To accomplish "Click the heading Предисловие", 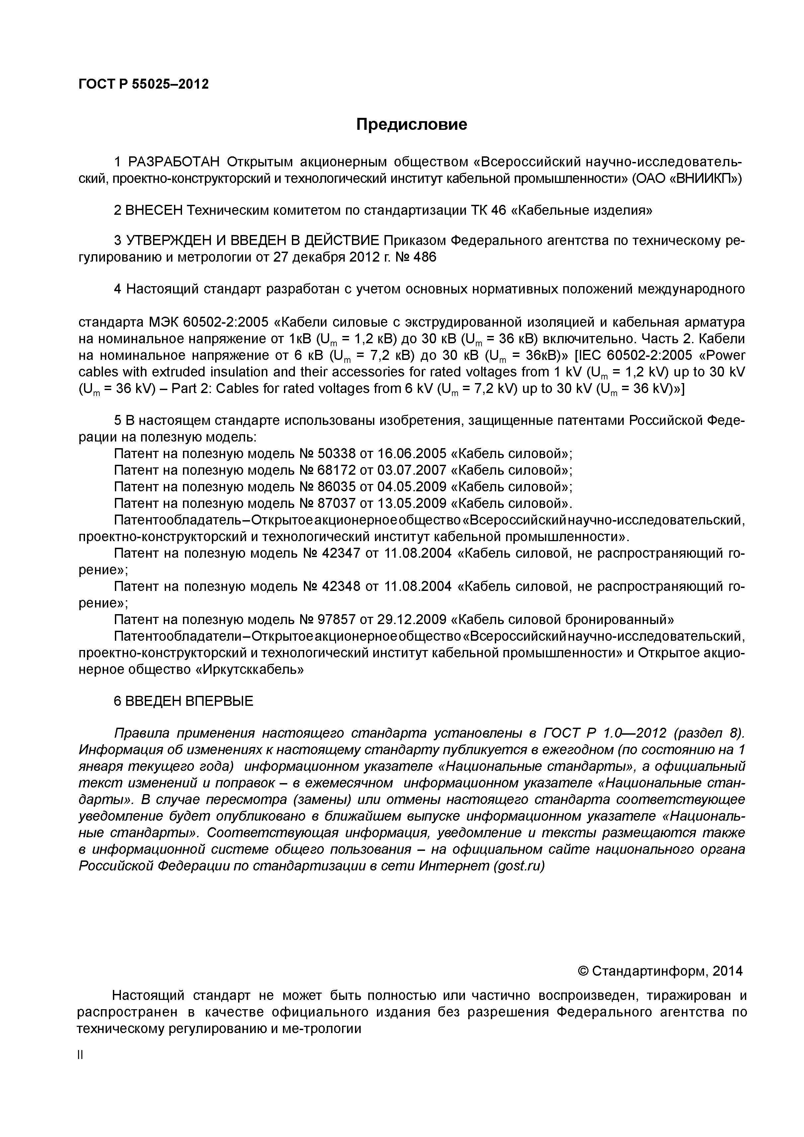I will (411, 124).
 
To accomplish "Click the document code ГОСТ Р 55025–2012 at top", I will (144, 84).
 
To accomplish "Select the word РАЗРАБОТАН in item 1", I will (173, 162).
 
